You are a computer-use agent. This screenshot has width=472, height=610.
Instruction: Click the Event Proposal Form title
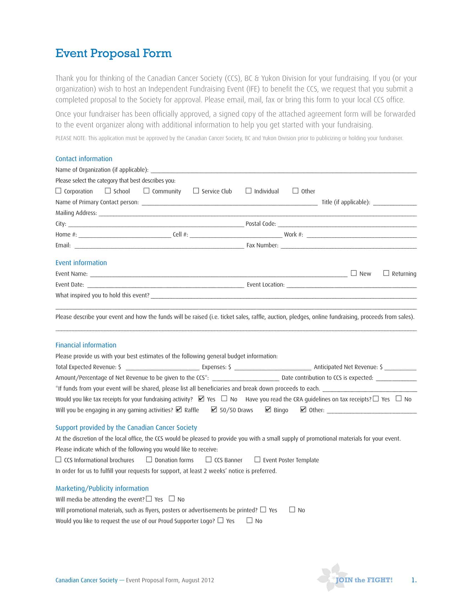point(113,53)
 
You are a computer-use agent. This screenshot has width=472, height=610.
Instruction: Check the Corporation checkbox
point(58,191)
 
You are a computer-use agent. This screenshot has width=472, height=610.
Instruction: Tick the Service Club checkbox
point(196,191)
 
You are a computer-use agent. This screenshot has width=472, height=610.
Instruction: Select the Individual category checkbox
point(248,191)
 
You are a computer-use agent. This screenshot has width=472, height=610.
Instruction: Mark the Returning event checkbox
point(386,273)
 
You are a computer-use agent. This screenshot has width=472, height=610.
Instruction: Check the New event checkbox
point(354,273)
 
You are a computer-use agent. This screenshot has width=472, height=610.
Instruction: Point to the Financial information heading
point(86,345)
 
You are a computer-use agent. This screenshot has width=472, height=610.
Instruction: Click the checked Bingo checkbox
point(268,410)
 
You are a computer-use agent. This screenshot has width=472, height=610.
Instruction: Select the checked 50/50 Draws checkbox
point(214,410)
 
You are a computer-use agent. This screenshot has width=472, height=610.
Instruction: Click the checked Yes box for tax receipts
point(201,398)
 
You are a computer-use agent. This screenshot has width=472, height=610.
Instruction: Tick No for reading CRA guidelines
point(399,398)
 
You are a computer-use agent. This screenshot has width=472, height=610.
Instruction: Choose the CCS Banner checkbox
point(209,459)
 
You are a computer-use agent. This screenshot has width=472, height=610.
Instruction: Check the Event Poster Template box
point(257,459)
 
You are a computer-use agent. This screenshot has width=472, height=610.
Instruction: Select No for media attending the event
point(172,499)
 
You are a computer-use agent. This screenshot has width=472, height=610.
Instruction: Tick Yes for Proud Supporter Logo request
point(221,520)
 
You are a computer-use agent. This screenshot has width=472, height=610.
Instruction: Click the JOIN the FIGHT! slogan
point(364,580)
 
